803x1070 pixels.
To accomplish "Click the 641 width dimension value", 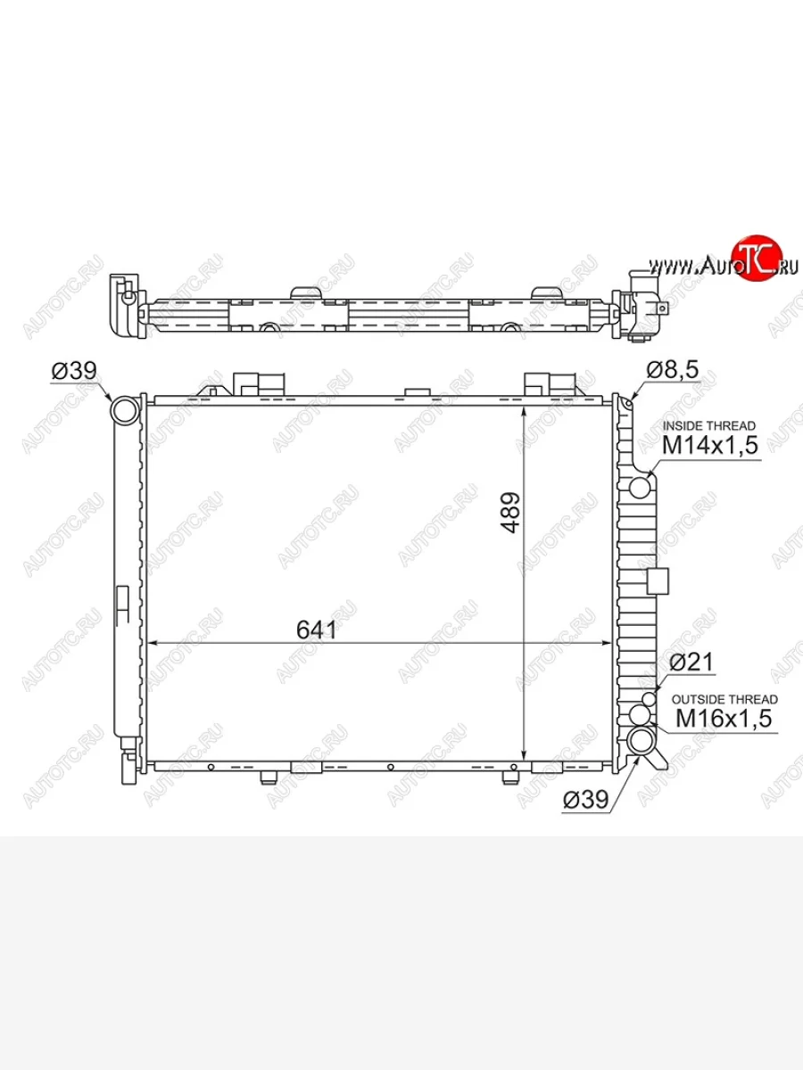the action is pos(316,630).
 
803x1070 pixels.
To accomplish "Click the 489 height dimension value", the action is pos(511,513).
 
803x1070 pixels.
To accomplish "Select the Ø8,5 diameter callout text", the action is pos(673,370).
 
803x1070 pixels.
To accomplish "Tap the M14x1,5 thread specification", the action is pos(710,445).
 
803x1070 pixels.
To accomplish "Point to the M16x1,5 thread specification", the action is pos(724,718).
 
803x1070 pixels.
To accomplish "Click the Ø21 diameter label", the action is pos(691,662).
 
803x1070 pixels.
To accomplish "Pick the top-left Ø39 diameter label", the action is pos(74,371).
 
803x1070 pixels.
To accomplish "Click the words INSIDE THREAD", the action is pos(709,425).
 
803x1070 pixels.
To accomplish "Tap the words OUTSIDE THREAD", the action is pos(724,699).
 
